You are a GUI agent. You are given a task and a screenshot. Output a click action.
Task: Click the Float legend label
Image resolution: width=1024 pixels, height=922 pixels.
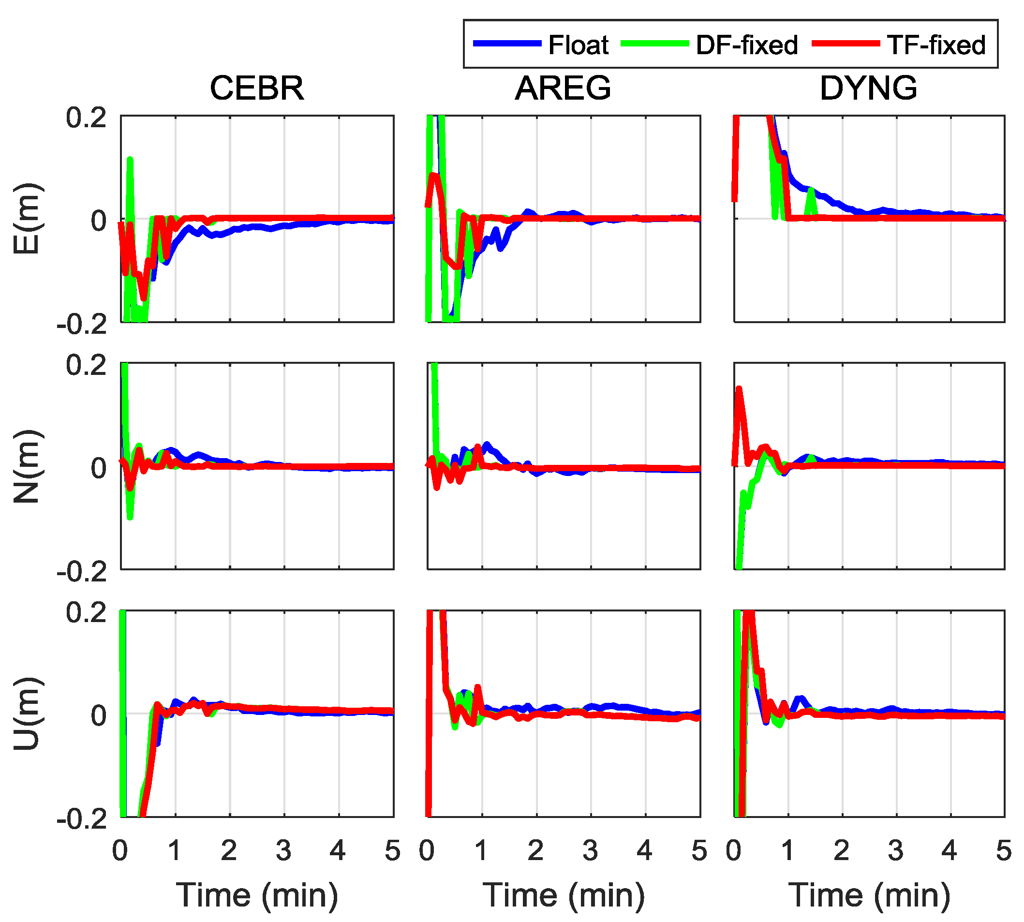579,45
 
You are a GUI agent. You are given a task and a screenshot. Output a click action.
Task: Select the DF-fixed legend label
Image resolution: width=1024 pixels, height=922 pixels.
746,45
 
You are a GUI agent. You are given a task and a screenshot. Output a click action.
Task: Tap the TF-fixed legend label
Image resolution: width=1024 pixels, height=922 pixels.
936,45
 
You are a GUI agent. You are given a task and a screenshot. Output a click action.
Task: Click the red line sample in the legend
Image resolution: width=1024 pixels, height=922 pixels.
846,44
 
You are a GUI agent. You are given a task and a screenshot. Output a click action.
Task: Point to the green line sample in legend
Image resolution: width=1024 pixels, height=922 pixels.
654,44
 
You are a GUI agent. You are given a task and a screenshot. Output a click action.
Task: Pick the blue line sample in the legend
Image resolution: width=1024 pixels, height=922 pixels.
507,44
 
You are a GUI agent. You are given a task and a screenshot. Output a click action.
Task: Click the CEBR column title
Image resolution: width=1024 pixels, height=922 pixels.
257,88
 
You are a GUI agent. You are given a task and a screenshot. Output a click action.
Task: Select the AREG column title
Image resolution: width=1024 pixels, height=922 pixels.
563,88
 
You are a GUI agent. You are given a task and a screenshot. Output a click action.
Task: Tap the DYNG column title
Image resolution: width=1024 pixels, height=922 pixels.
869,88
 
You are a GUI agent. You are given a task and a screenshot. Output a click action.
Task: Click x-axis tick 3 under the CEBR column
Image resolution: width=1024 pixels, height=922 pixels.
283,850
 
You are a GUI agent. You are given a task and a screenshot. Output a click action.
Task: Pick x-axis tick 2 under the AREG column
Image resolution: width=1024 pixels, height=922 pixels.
536,850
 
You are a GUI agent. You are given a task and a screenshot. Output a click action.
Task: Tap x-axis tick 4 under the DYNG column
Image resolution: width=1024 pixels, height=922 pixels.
949,850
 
